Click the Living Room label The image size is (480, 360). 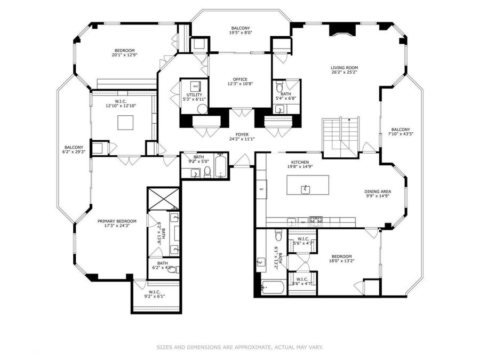344,68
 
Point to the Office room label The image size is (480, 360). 239,79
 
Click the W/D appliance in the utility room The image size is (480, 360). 195,86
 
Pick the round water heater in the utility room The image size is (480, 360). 202,109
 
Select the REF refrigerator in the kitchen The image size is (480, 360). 261,189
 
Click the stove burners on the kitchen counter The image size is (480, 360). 316,219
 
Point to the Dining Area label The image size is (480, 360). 378,192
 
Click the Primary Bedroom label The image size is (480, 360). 116,221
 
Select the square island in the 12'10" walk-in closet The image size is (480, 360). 126,122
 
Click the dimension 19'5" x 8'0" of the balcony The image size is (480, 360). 241,33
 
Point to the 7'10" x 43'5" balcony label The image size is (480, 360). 401,130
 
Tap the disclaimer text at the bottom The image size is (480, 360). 239,347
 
